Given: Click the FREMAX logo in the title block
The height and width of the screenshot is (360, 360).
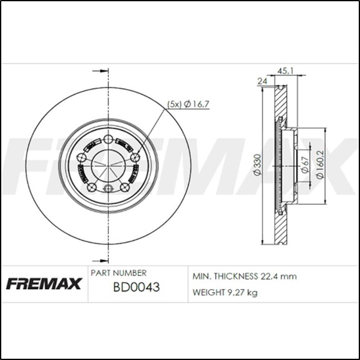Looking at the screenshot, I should (44, 285).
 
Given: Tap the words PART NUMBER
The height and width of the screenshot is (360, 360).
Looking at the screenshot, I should (119, 273).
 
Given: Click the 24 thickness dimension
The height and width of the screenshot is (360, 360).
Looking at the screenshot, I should (262, 81).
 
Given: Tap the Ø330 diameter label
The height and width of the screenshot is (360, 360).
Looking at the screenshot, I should (257, 164).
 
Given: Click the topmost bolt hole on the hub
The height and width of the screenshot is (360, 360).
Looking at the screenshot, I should (108, 139).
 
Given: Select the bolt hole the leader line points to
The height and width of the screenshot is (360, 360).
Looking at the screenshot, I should (135, 157).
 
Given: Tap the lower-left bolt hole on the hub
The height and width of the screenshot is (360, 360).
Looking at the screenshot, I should (92, 187).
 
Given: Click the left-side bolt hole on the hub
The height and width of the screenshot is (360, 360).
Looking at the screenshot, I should (81, 158).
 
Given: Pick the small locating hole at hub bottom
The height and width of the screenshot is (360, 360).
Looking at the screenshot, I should (108, 189).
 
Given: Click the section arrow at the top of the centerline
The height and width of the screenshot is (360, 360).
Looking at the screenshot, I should (96, 70).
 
